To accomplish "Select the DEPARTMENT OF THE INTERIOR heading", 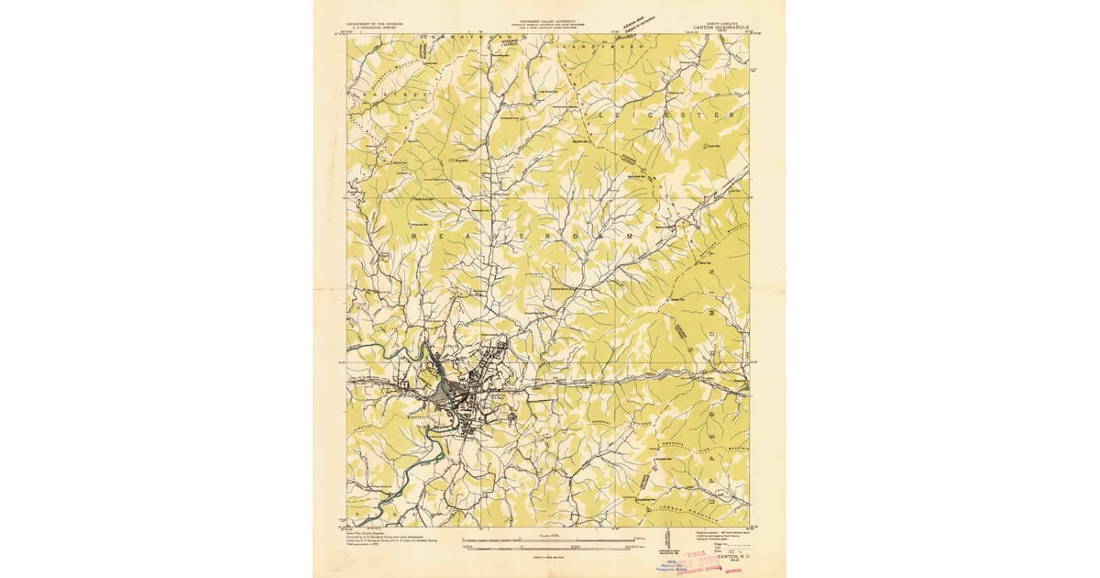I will [x=377, y=22].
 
